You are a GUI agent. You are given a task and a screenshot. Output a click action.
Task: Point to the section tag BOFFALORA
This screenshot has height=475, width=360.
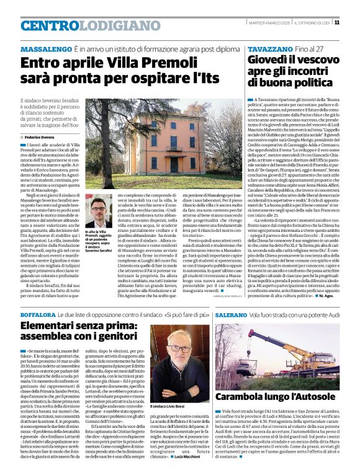click(x=42, y=316)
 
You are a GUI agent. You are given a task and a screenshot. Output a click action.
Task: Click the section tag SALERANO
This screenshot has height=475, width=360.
click(x=232, y=316)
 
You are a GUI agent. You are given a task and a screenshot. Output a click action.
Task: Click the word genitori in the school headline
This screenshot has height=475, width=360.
click(x=117, y=339)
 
